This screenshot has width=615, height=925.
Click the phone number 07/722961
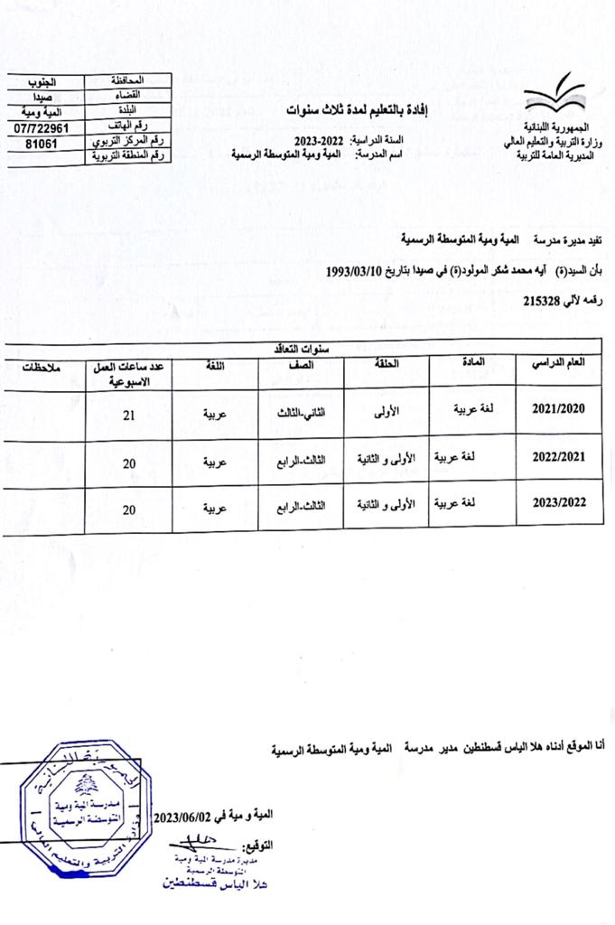tap(37, 127)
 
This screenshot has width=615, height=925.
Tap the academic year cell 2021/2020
tap(557, 409)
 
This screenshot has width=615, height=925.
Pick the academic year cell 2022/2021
tap(557, 459)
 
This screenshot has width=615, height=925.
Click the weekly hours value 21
tap(129, 415)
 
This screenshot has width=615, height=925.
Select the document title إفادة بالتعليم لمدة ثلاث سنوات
tap(353, 110)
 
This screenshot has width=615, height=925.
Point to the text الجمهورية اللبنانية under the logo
tap(556, 122)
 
